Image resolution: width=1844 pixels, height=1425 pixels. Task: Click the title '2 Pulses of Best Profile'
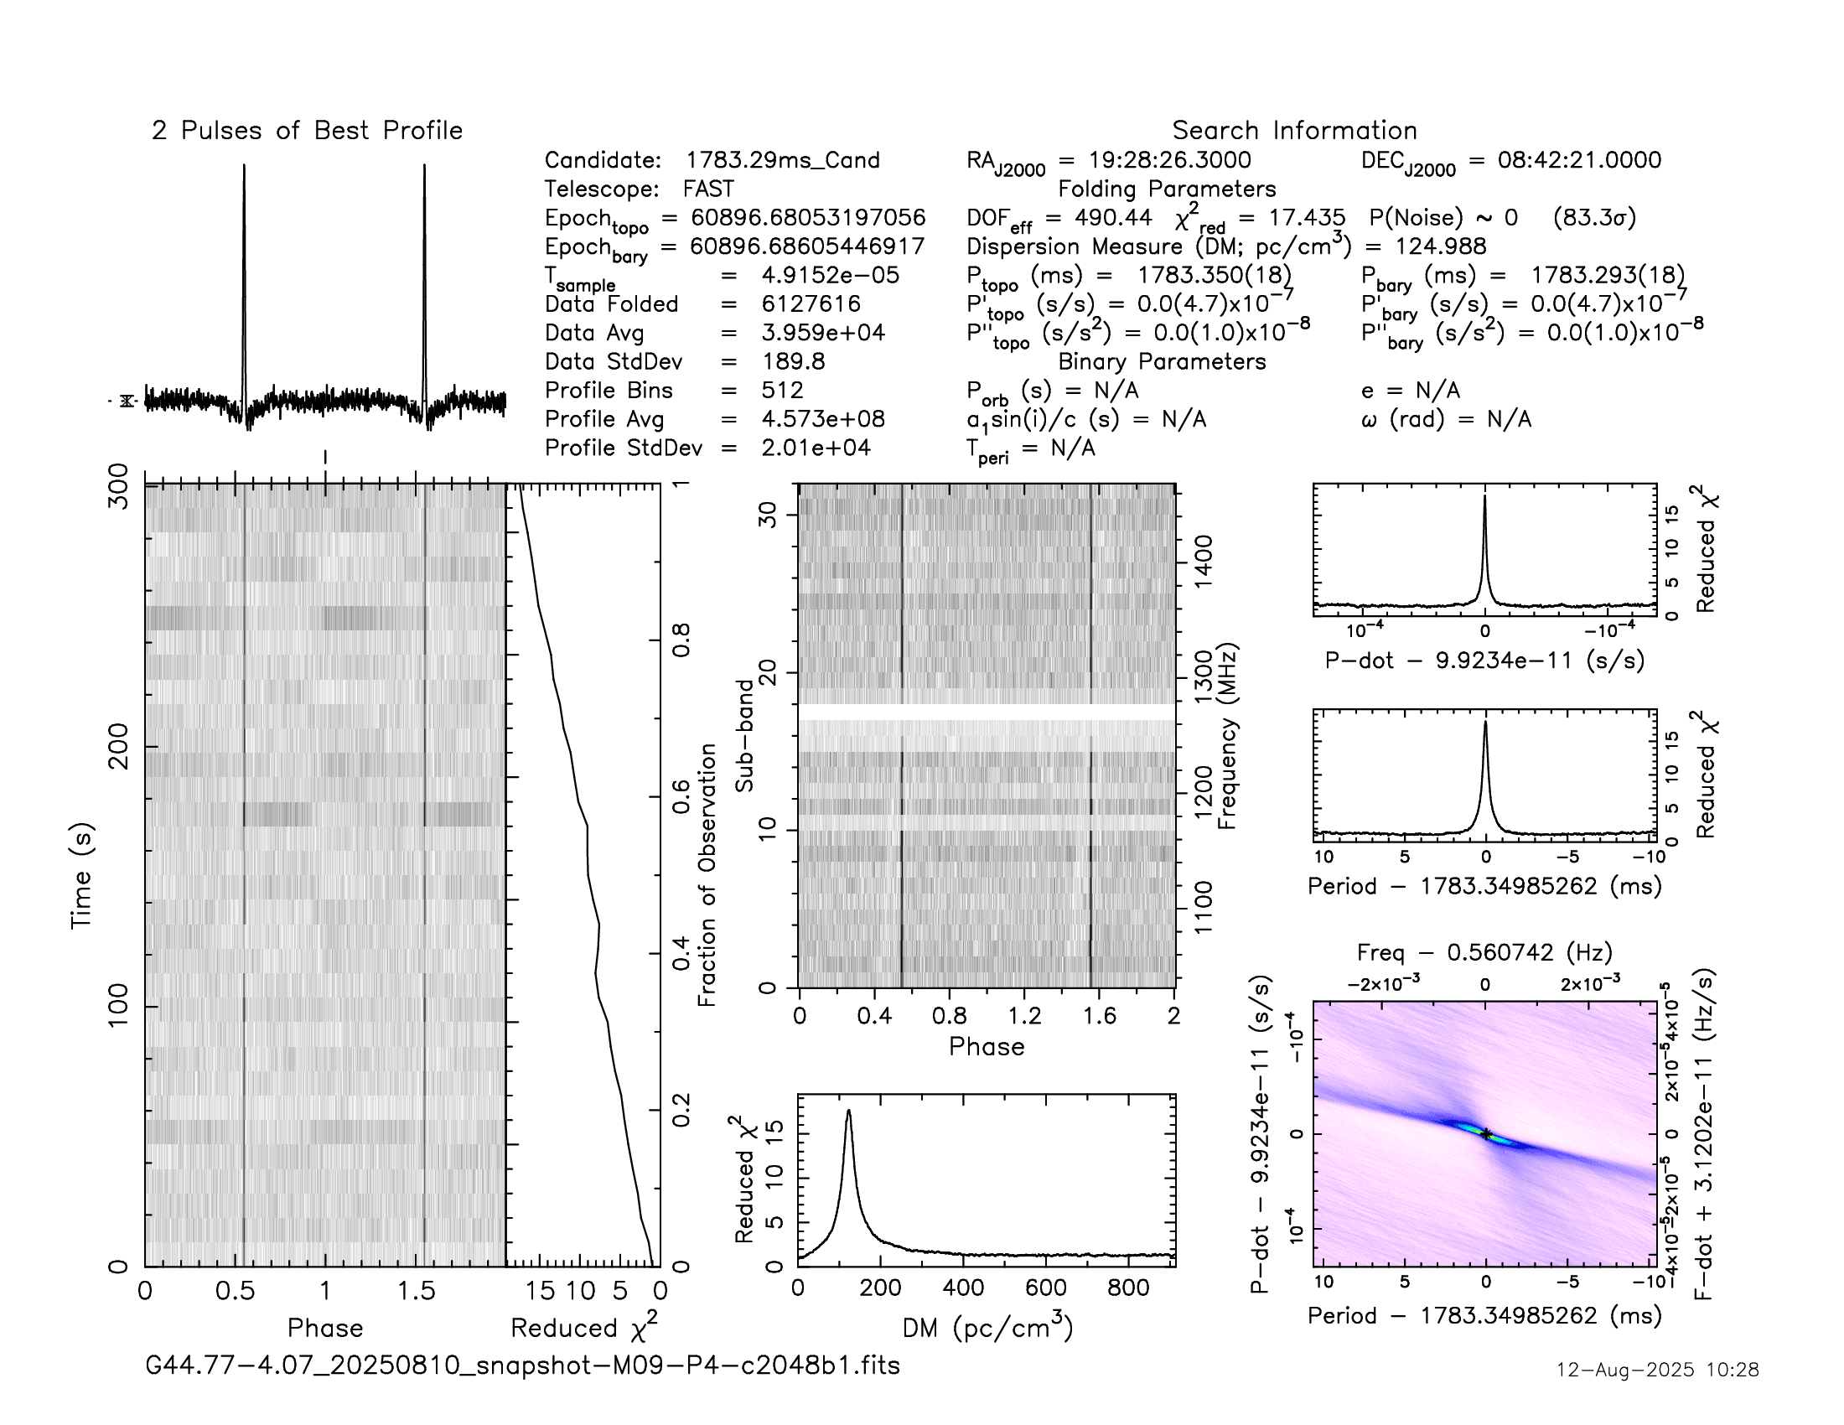[x=307, y=131]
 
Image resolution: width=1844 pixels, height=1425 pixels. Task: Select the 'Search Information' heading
[x=1293, y=131]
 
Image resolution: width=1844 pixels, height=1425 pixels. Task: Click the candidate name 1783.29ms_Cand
[x=782, y=160]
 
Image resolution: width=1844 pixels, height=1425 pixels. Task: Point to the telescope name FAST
[x=708, y=189]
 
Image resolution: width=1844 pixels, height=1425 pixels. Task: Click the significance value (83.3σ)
[x=1594, y=218]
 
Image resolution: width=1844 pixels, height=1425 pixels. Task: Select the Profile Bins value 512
[x=782, y=390]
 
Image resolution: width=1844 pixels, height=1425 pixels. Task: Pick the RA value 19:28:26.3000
[x=1155, y=160]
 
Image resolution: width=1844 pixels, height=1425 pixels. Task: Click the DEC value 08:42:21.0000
[x=1579, y=160]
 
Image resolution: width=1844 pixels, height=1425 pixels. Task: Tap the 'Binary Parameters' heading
[x=1162, y=361]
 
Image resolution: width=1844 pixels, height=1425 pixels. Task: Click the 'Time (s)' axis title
[x=81, y=875]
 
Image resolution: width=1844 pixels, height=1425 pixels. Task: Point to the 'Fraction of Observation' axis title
[x=707, y=874]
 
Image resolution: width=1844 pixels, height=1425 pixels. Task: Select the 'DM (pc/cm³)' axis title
[x=987, y=1328]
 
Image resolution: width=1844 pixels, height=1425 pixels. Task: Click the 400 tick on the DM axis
[x=963, y=1288]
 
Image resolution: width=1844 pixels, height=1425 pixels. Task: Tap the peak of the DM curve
[x=848, y=1111]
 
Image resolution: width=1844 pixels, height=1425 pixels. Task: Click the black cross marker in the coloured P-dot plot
[x=1485, y=1134]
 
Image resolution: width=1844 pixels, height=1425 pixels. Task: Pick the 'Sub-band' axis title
[x=743, y=735]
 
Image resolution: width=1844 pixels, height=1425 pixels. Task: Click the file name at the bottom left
[x=523, y=1365]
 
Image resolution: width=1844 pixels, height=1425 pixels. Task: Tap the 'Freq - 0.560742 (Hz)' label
[x=1484, y=952]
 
